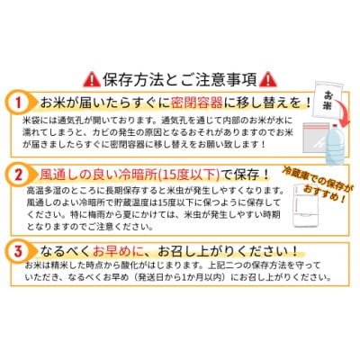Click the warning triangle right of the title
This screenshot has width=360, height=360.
pos(246,77)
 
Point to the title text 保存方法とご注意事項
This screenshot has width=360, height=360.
pos(180,77)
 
